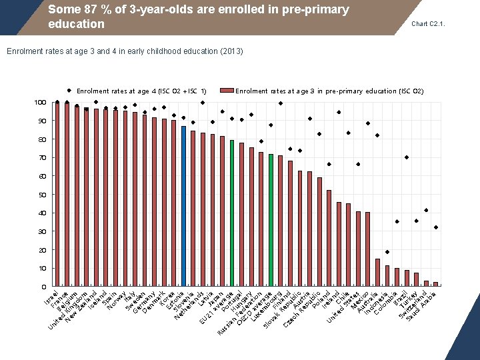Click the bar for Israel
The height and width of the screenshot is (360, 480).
57,194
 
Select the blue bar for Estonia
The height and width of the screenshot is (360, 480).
183,206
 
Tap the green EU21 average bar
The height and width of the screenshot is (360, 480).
231,213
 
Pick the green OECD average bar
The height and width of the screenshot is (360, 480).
271,220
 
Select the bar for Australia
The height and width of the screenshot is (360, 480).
377,273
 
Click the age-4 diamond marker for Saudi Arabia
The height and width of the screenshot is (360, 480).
435,227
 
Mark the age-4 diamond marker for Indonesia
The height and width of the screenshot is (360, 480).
387,252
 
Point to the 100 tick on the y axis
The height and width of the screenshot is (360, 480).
40,103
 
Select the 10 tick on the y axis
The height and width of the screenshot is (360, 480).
41,268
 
